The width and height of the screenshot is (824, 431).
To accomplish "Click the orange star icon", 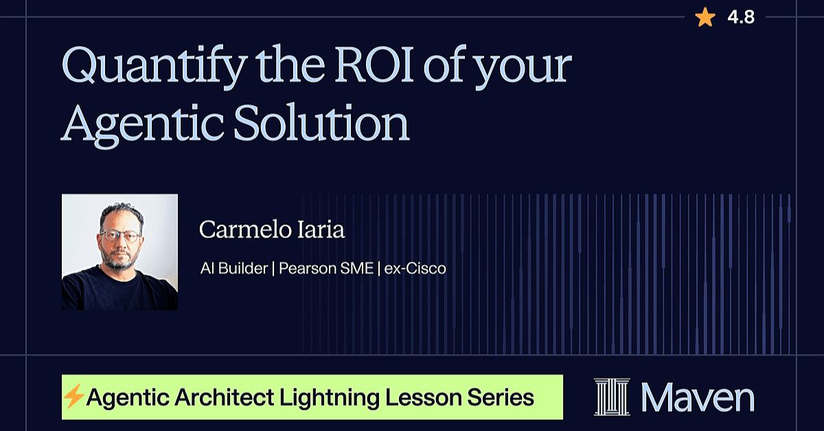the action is click(705, 18).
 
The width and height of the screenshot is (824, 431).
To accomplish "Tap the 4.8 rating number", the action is click(741, 17).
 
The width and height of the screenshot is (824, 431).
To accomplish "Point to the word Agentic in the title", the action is click(142, 125).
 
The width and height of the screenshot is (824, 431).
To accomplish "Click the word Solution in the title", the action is click(321, 122).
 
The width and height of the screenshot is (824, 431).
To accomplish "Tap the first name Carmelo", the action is click(245, 229).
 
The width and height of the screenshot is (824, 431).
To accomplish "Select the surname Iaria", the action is click(321, 229).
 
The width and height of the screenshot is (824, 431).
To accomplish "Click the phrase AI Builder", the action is click(234, 268).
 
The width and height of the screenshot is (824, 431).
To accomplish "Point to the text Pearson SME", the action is click(326, 268).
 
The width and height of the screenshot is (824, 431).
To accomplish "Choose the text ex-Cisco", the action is click(415, 268).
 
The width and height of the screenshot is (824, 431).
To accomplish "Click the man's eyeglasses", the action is click(120, 235).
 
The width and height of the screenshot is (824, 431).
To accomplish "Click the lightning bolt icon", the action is click(73, 396).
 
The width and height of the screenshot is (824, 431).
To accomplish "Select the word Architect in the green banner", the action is click(225, 397).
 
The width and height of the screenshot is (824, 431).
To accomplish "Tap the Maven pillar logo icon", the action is click(612, 397).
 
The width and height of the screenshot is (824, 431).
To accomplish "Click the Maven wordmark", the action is click(698, 397).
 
